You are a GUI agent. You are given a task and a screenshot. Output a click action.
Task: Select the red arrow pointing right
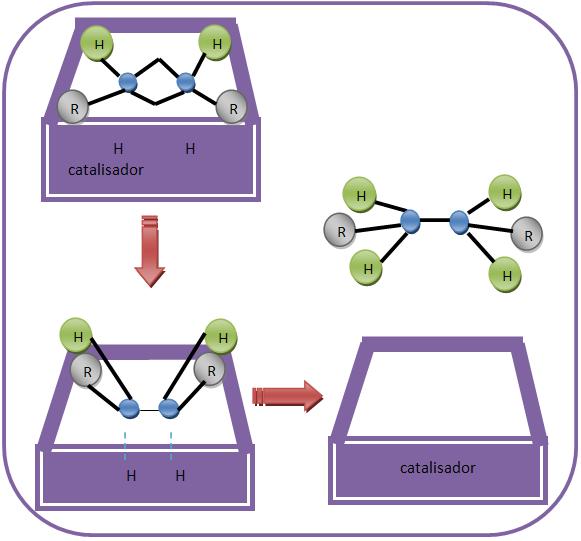point(288,396)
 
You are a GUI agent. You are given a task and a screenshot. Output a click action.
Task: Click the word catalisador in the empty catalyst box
point(438,468)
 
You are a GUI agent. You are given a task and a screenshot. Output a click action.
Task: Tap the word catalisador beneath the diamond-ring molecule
point(106,170)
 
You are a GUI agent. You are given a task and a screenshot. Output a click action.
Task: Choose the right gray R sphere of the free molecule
point(527,234)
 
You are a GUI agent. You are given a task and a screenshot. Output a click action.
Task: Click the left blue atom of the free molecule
point(410,222)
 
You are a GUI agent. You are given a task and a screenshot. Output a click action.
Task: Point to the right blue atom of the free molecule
point(459,222)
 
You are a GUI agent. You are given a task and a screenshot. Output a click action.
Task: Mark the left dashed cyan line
point(125,446)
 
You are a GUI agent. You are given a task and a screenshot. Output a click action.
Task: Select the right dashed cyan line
point(171,446)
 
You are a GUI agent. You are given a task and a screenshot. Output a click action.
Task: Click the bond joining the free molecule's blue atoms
point(435,220)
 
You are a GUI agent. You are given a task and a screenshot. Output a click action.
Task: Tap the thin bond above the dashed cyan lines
point(149,410)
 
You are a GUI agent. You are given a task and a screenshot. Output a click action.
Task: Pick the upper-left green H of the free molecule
point(360,195)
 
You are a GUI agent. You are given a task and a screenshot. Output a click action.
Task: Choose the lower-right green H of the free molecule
point(505,275)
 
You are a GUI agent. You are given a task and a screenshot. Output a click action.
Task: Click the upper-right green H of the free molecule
point(505,193)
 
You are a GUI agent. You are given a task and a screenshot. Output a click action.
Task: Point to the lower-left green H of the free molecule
point(367,268)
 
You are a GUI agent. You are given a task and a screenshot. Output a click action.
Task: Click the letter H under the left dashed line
point(131,475)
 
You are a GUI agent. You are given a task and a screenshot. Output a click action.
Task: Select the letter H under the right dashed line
point(180,475)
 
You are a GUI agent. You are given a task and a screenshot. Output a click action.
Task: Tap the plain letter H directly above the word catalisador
point(118,149)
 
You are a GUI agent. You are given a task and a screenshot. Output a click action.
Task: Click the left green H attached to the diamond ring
point(97,44)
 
